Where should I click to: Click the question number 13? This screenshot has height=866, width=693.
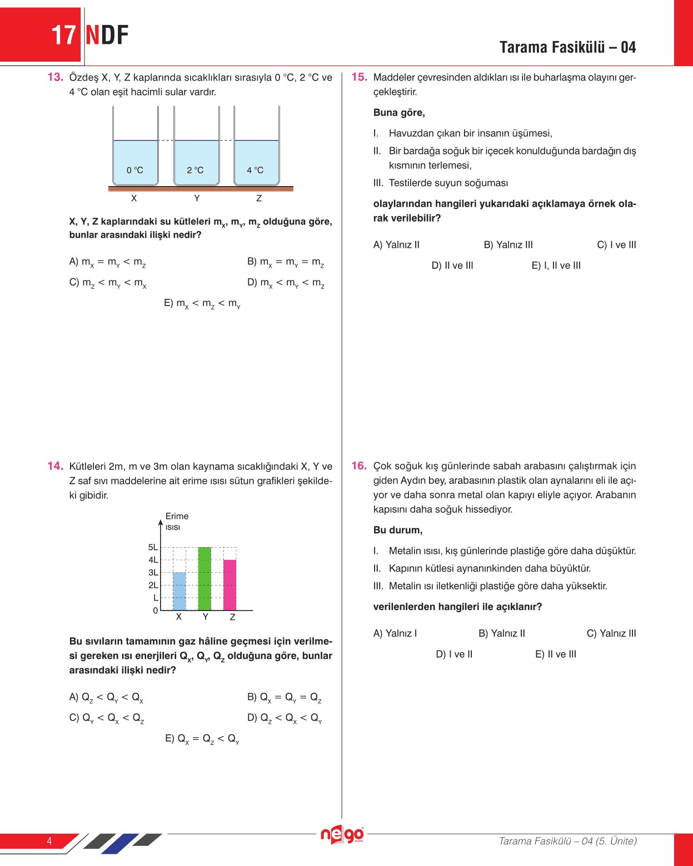pyautogui.click(x=55, y=77)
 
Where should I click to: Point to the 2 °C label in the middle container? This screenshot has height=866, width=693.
pyautogui.click(x=195, y=170)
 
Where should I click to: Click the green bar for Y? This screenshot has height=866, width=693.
pyautogui.click(x=205, y=579)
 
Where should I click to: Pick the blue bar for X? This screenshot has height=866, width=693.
pyautogui.click(x=179, y=591)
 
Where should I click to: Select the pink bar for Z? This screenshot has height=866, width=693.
pyautogui.click(x=230, y=585)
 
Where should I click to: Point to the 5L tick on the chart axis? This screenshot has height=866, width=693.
pyautogui.click(x=153, y=547)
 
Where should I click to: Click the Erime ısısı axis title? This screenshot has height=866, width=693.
pyautogui.click(x=176, y=521)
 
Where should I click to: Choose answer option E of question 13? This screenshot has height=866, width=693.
pyautogui.click(x=202, y=303)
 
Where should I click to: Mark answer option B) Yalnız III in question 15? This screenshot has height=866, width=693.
pyautogui.click(x=508, y=245)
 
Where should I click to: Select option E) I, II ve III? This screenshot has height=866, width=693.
pyautogui.click(x=556, y=266)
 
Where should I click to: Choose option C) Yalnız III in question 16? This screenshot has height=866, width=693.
pyautogui.click(x=611, y=633)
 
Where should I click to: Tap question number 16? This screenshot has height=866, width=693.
pyautogui.click(x=359, y=466)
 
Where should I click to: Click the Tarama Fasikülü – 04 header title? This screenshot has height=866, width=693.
pyautogui.click(x=567, y=47)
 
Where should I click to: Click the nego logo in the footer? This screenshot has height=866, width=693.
pyautogui.click(x=342, y=835)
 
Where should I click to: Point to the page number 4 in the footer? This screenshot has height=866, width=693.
pyautogui.click(x=49, y=841)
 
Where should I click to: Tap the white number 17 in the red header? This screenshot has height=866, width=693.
pyautogui.click(x=63, y=35)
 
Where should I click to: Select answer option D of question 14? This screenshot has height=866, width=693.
pyautogui.click(x=285, y=718)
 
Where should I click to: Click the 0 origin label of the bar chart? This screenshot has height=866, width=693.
pyautogui.click(x=155, y=610)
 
